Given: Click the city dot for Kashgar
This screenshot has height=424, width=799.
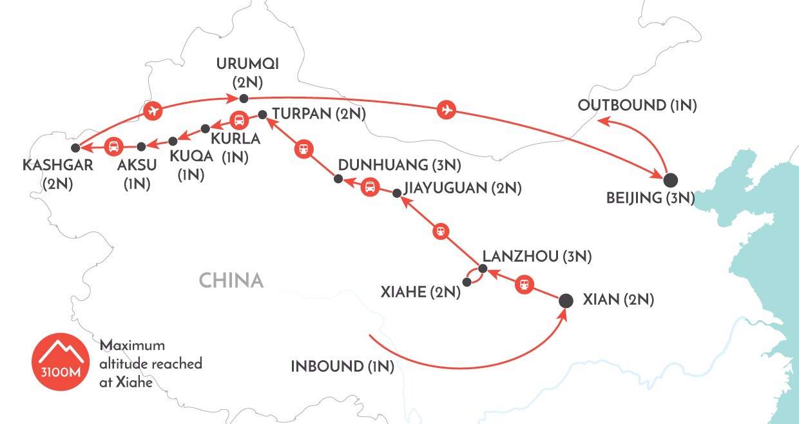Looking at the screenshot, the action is [x=75, y=148].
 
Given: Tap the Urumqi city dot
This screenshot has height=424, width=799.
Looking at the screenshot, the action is [x=244, y=98].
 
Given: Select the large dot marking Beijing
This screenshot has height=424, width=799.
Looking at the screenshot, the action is [x=671, y=180].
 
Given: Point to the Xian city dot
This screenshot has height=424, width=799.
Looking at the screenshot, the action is [x=566, y=301].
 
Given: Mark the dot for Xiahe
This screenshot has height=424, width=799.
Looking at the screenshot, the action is [x=467, y=282].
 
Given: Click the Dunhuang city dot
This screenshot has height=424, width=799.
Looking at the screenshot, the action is [x=338, y=178].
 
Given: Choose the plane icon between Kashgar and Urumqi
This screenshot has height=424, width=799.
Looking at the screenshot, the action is [x=153, y=111].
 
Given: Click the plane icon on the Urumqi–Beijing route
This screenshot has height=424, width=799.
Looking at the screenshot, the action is [x=447, y=109].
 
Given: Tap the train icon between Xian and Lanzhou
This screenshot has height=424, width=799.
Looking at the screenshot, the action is [x=524, y=285].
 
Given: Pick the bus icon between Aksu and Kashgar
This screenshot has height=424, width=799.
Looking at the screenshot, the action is [x=114, y=146].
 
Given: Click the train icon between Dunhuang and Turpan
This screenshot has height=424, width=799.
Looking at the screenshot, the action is [x=304, y=149].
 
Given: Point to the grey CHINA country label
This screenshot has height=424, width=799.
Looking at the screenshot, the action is [x=231, y=280].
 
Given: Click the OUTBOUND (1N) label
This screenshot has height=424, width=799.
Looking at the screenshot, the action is [x=637, y=105].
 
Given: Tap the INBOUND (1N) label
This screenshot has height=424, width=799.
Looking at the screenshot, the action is [x=342, y=367].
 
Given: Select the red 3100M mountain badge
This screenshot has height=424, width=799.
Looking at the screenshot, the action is [x=61, y=361].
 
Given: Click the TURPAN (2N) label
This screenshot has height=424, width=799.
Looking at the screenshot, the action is [x=319, y=114].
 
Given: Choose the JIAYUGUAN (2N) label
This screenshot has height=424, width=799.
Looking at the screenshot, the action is [x=463, y=188].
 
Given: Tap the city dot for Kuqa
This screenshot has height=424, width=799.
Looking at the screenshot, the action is [x=173, y=141].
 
